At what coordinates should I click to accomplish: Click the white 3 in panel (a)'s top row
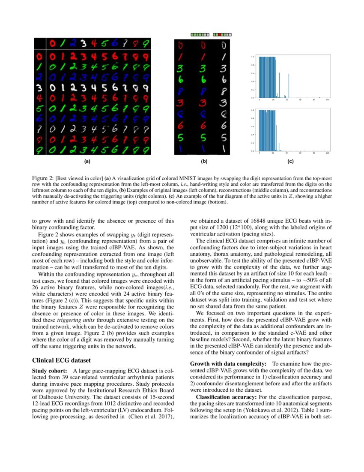(x=84, y=43)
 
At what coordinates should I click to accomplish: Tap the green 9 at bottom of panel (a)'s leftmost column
(x=39, y=149)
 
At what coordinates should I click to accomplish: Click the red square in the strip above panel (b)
(x=219, y=34)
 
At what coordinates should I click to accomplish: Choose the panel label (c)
(x=290, y=162)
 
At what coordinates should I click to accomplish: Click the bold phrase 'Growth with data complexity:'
(x=228, y=364)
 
